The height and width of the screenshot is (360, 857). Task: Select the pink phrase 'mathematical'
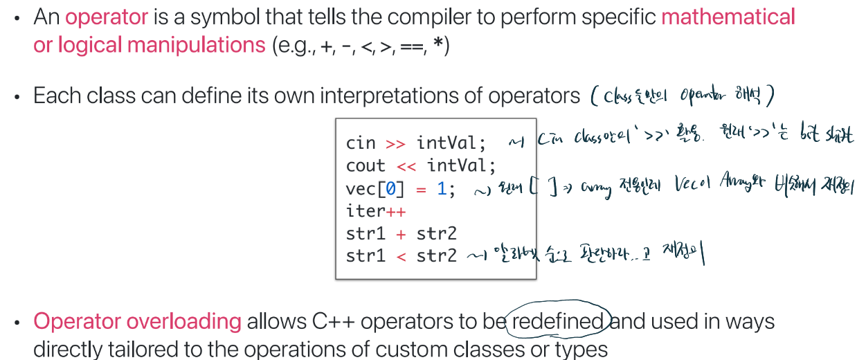[x=728, y=17]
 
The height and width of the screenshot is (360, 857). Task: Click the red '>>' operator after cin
[x=395, y=143]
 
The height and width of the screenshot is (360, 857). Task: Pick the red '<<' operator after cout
[x=406, y=166]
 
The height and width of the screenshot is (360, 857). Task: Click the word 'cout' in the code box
[x=366, y=166]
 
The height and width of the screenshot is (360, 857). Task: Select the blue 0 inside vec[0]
[x=391, y=189]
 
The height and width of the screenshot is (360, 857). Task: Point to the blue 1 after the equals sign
[x=442, y=189]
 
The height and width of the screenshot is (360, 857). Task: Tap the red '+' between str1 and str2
[x=401, y=233]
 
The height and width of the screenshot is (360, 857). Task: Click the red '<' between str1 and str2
[x=401, y=256]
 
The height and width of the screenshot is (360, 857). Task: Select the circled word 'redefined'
[x=558, y=322]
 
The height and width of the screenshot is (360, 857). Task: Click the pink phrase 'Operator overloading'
[x=137, y=322]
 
